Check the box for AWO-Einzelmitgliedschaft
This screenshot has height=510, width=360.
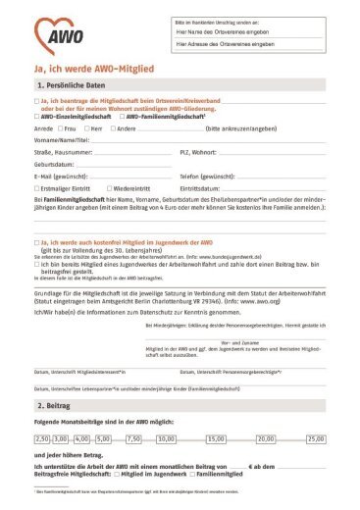(36, 116)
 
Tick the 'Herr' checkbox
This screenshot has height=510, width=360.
(87, 127)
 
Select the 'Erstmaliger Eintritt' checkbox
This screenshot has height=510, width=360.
(36, 187)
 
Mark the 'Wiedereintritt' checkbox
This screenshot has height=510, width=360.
(109, 187)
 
